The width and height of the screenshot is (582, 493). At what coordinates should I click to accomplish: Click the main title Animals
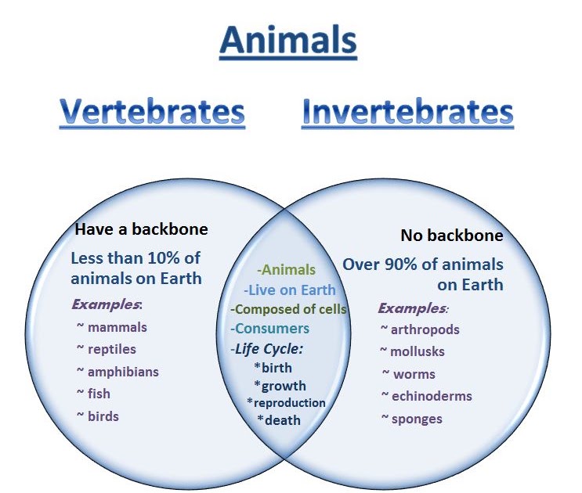click(288, 40)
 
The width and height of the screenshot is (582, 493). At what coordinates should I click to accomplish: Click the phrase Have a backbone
click(142, 229)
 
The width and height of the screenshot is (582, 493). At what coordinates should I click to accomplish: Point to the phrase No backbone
click(452, 236)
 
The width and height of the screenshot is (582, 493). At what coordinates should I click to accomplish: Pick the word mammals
click(117, 327)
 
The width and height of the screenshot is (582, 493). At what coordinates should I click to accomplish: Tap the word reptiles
click(112, 350)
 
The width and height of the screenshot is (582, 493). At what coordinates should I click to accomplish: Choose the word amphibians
click(123, 372)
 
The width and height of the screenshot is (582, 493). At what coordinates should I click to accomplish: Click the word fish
click(99, 394)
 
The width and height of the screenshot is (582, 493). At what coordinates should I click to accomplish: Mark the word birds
click(103, 416)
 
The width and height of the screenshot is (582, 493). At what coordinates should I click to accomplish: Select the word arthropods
click(425, 330)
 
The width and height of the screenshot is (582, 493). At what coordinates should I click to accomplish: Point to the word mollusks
click(418, 351)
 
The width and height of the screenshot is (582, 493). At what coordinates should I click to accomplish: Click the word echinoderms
click(432, 396)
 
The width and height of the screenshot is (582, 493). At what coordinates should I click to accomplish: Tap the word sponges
click(417, 419)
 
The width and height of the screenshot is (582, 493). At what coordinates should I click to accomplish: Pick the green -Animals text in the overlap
click(286, 270)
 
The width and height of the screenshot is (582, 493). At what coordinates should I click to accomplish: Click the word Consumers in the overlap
click(272, 329)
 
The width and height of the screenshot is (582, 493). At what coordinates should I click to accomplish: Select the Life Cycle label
click(267, 349)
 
